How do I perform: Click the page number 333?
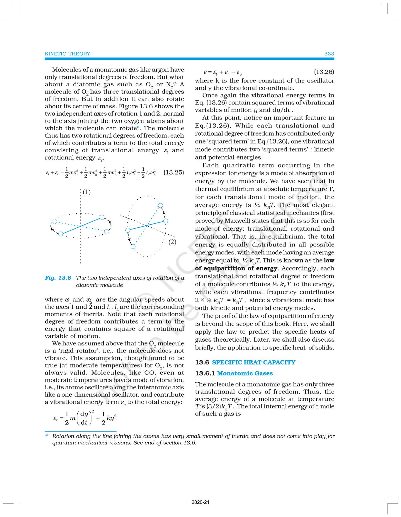[x=329, y=54]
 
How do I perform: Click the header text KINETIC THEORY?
[x=67, y=54]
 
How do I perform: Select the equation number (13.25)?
[x=173, y=172]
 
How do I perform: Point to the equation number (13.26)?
[x=324, y=72]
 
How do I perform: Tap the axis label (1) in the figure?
[x=86, y=192]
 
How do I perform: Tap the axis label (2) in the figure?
[x=172, y=242]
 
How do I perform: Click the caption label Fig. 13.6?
[x=58, y=278]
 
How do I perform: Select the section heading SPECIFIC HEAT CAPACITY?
[x=254, y=362]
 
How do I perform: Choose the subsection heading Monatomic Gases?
[x=245, y=374]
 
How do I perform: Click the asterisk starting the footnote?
[x=46, y=436]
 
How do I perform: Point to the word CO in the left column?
[x=151, y=373]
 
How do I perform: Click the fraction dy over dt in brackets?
[x=84, y=418]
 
